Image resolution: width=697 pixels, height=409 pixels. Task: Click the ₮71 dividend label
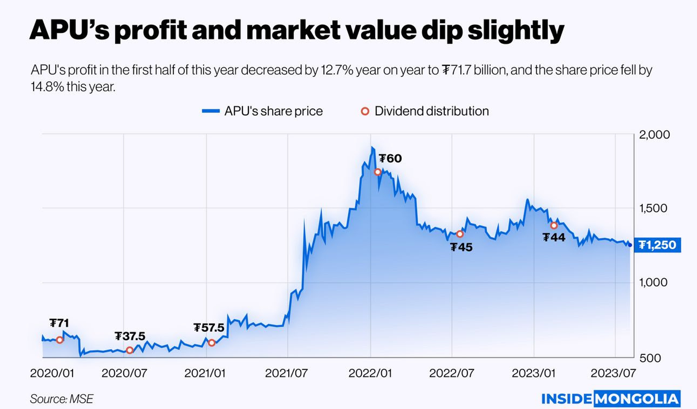(59, 323)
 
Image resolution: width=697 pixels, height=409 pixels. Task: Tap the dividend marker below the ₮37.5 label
(130, 350)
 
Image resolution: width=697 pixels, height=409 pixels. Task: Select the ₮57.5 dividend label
(209, 328)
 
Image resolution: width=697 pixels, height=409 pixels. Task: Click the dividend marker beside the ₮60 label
(378, 172)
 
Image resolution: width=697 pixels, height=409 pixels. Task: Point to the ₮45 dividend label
(461, 247)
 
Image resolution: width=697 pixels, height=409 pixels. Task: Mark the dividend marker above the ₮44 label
(554, 226)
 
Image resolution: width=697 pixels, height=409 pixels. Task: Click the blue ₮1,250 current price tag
(657, 245)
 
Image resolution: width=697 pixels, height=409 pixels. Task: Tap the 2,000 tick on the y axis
(654, 135)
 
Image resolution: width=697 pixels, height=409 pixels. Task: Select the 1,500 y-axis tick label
(653, 208)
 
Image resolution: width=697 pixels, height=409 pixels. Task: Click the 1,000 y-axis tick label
(653, 282)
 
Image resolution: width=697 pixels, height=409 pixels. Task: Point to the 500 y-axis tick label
(650, 358)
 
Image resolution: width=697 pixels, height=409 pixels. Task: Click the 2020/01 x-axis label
(52, 373)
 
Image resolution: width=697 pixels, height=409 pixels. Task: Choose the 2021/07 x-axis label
(286, 373)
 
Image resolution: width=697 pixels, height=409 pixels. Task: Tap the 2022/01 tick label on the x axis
(370, 373)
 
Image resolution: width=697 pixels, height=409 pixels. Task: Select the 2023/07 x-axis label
(613, 373)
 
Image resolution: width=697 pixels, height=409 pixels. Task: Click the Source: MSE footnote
(62, 399)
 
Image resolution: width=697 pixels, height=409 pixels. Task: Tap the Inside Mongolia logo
(611, 399)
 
